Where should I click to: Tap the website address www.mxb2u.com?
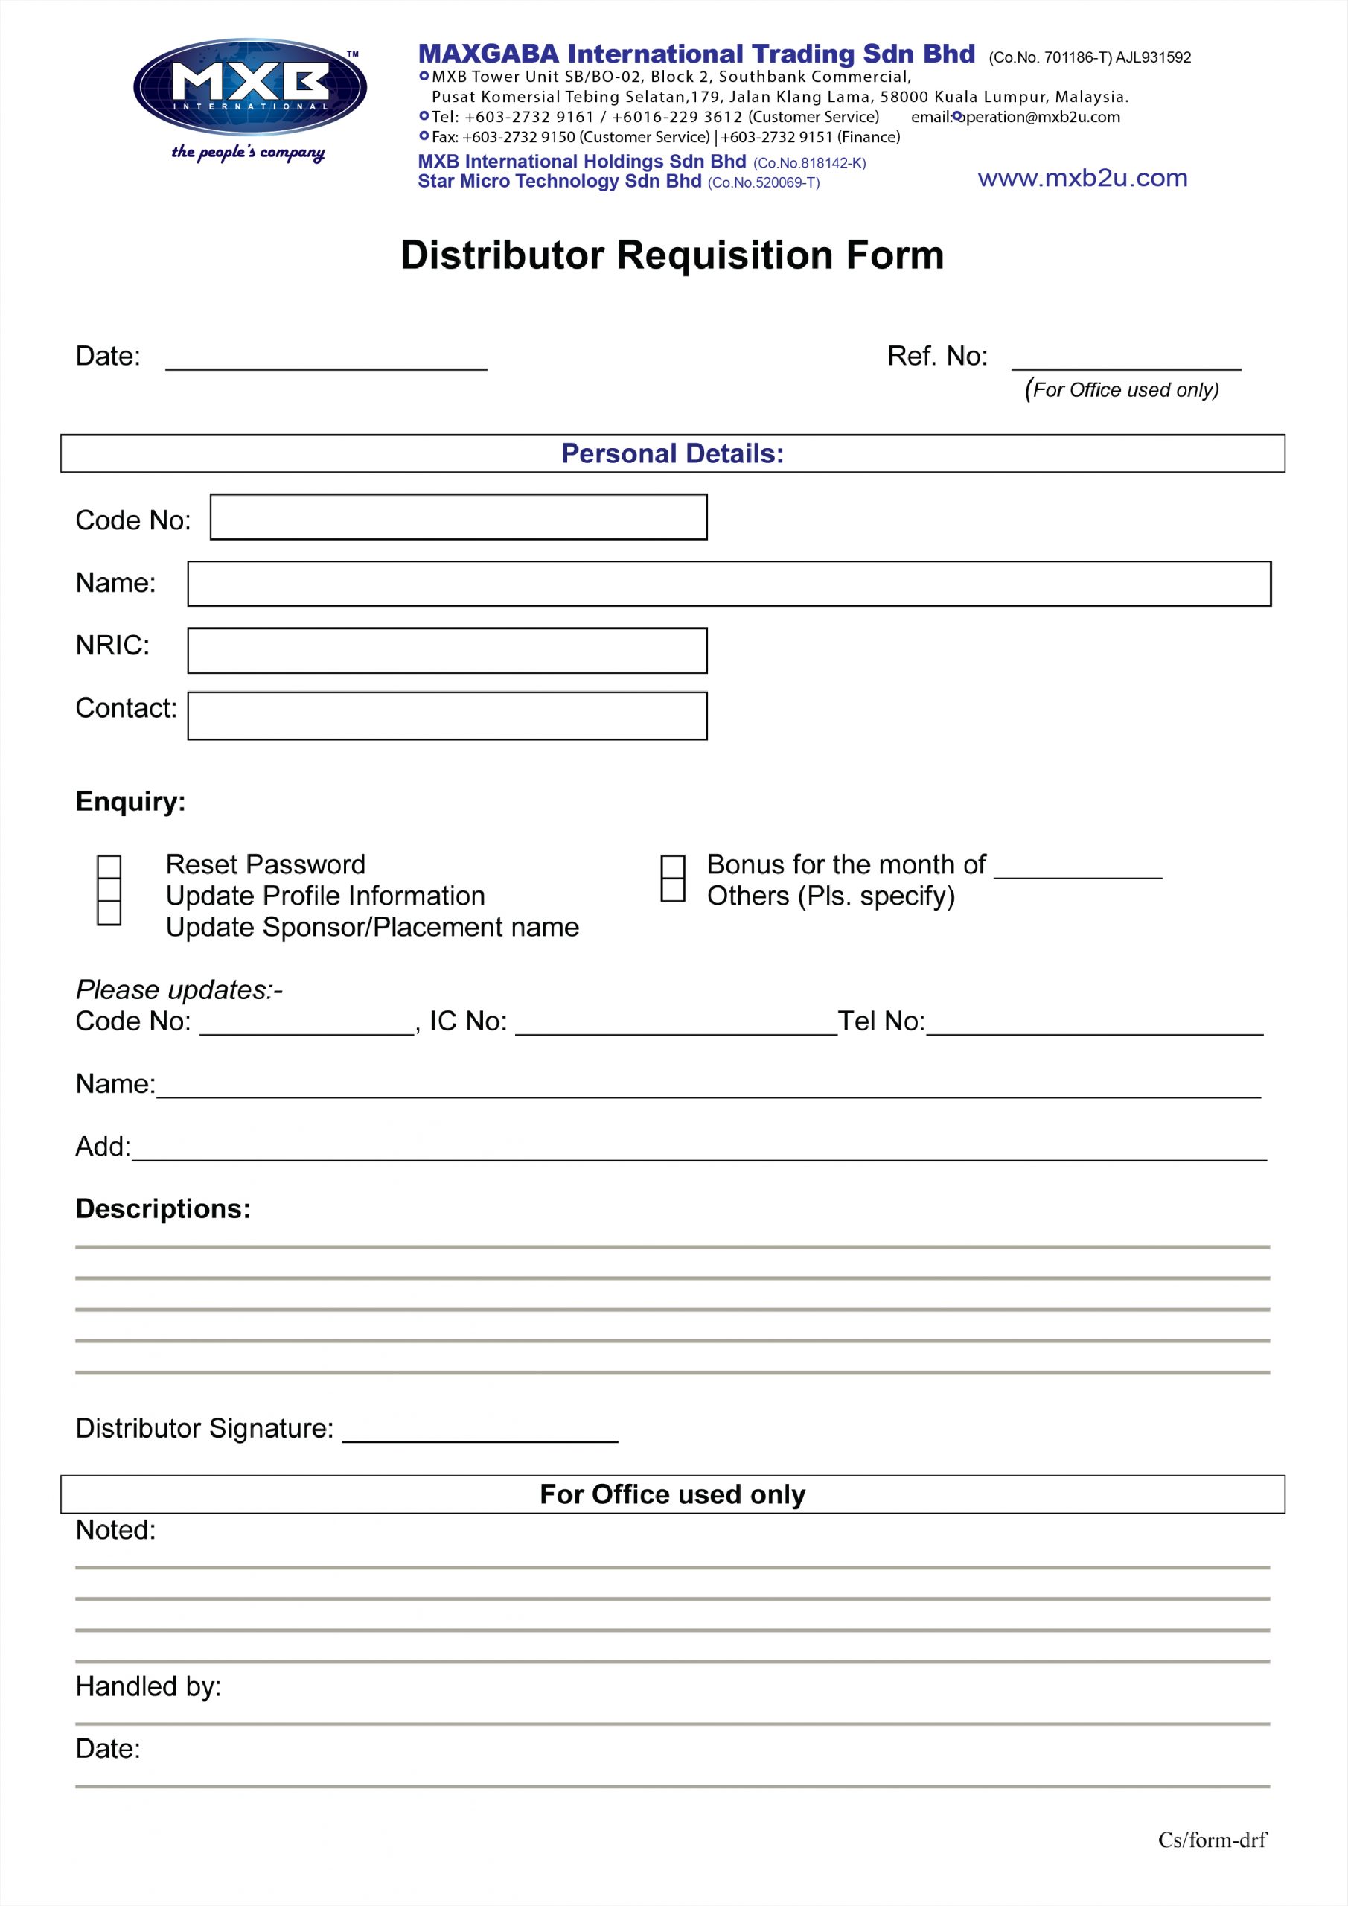click(x=1082, y=179)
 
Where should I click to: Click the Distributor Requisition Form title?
click(x=672, y=255)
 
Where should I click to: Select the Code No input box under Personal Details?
click(x=459, y=517)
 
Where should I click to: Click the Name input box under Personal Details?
click(x=729, y=584)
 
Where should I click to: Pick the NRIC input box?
click(x=447, y=650)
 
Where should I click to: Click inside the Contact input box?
click(x=447, y=715)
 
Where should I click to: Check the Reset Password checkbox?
click(x=109, y=867)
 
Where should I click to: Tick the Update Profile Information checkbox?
click(x=109, y=890)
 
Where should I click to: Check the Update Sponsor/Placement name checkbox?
click(x=109, y=913)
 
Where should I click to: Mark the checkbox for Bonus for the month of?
click(x=672, y=867)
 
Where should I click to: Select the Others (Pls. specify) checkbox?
click(x=672, y=890)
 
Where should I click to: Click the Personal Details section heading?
click(x=672, y=453)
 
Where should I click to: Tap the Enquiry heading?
click(x=130, y=802)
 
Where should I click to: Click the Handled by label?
click(x=149, y=1687)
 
